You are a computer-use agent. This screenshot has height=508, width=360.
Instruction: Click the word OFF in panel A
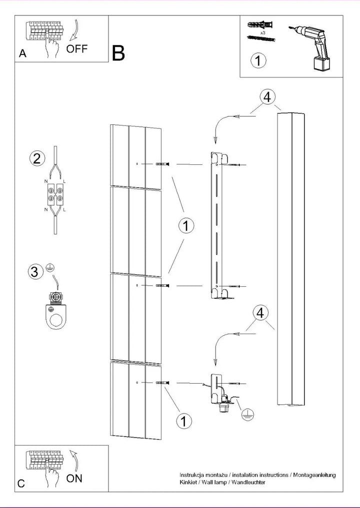pyautogui.click(x=77, y=49)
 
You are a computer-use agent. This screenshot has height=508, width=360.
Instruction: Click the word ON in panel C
pyautogui.click(x=74, y=478)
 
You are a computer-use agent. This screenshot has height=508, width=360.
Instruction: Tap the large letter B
pyautogui.click(x=118, y=53)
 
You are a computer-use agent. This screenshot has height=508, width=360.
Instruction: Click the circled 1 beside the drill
pyautogui.click(x=258, y=60)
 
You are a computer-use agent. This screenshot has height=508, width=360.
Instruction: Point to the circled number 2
pyautogui.click(x=36, y=159)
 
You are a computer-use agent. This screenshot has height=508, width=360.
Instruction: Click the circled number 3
pyautogui.click(x=35, y=272)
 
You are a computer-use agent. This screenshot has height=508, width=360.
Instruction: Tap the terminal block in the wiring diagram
pyautogui.click(x=55, y=194)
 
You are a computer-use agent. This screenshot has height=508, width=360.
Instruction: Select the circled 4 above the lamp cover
pyautogui.click(x=267, y=97)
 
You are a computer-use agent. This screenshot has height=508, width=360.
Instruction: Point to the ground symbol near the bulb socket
pyautogui.click(x=247, y=415)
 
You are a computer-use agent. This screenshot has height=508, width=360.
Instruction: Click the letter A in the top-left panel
pyautogui.click(x=22, y=53)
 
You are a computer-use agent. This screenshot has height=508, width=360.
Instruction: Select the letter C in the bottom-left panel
pyautogui.click(x=21, y=484)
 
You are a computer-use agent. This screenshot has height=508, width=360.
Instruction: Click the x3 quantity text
pyautogui.click(x=263, y=33)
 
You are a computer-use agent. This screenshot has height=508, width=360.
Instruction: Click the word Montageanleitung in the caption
pyautogui.click(x=314, y=475)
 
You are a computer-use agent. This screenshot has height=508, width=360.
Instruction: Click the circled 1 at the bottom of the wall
pyautogui.click(x=184, y=421)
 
